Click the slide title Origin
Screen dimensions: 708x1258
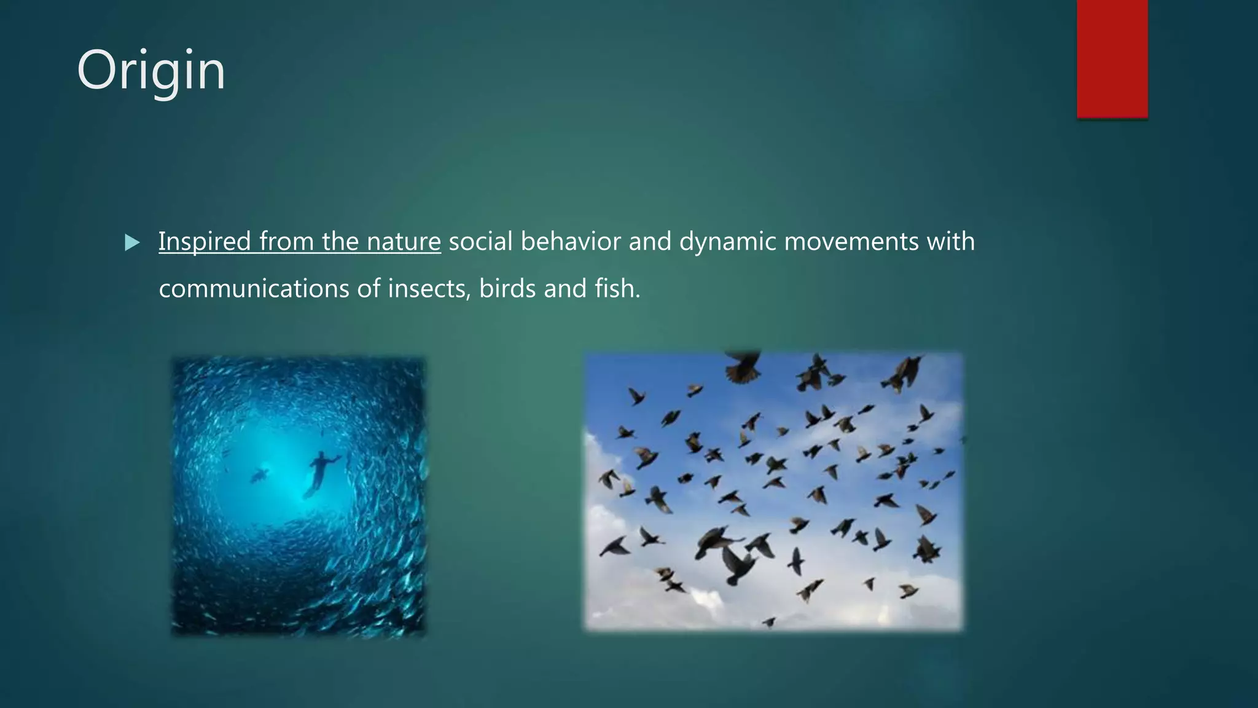(151, 72)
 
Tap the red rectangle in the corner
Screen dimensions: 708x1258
(1112, 58)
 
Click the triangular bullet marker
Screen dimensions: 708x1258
(131, 243)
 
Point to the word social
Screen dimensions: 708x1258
(480, 242)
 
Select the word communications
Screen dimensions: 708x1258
(254, 289)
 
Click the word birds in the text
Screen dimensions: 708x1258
(507, 289)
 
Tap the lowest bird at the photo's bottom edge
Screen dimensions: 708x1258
(768, 622)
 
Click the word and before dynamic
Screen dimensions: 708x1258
(650, 242)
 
